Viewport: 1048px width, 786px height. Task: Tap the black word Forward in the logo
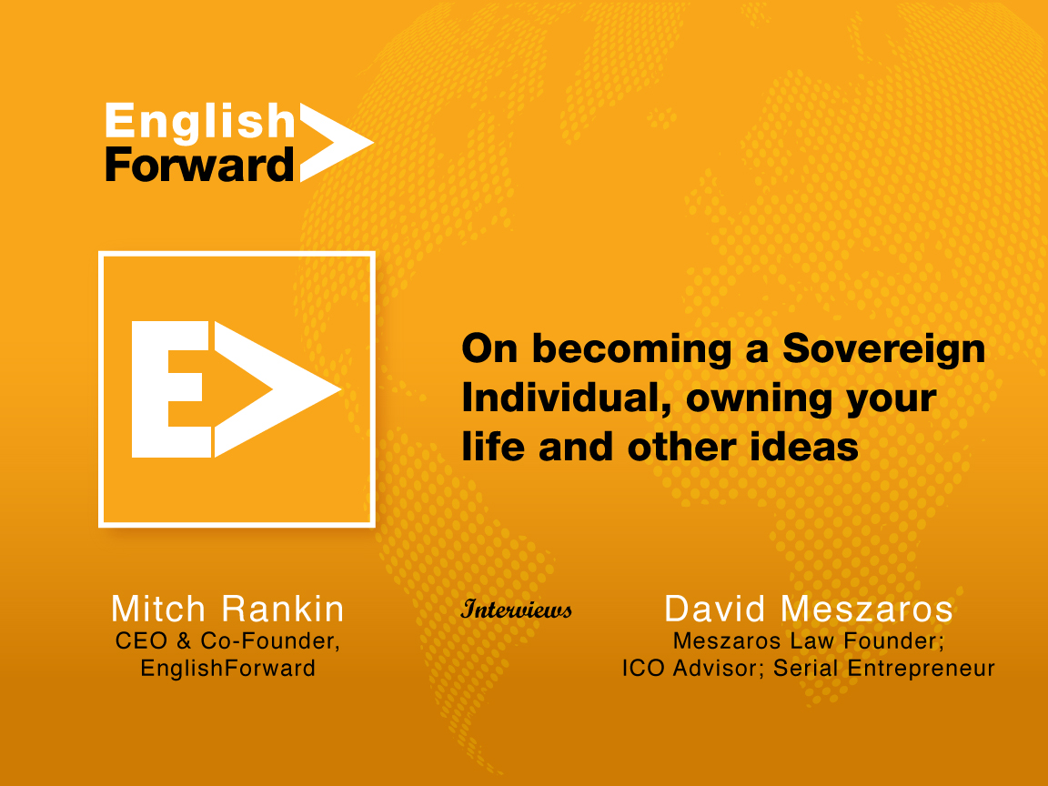pos(199,165)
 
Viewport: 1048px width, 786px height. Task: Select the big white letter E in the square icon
pos(171,389)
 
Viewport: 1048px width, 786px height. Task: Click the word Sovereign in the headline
pos(883,349)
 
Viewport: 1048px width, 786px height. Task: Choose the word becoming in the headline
pos(631,349)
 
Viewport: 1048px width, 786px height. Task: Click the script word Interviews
pos(516,609)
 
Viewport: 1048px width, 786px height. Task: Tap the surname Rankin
pos(283,609)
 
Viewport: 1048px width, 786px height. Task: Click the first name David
pos(714,609)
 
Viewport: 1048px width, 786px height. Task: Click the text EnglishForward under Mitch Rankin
pos(228,669)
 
